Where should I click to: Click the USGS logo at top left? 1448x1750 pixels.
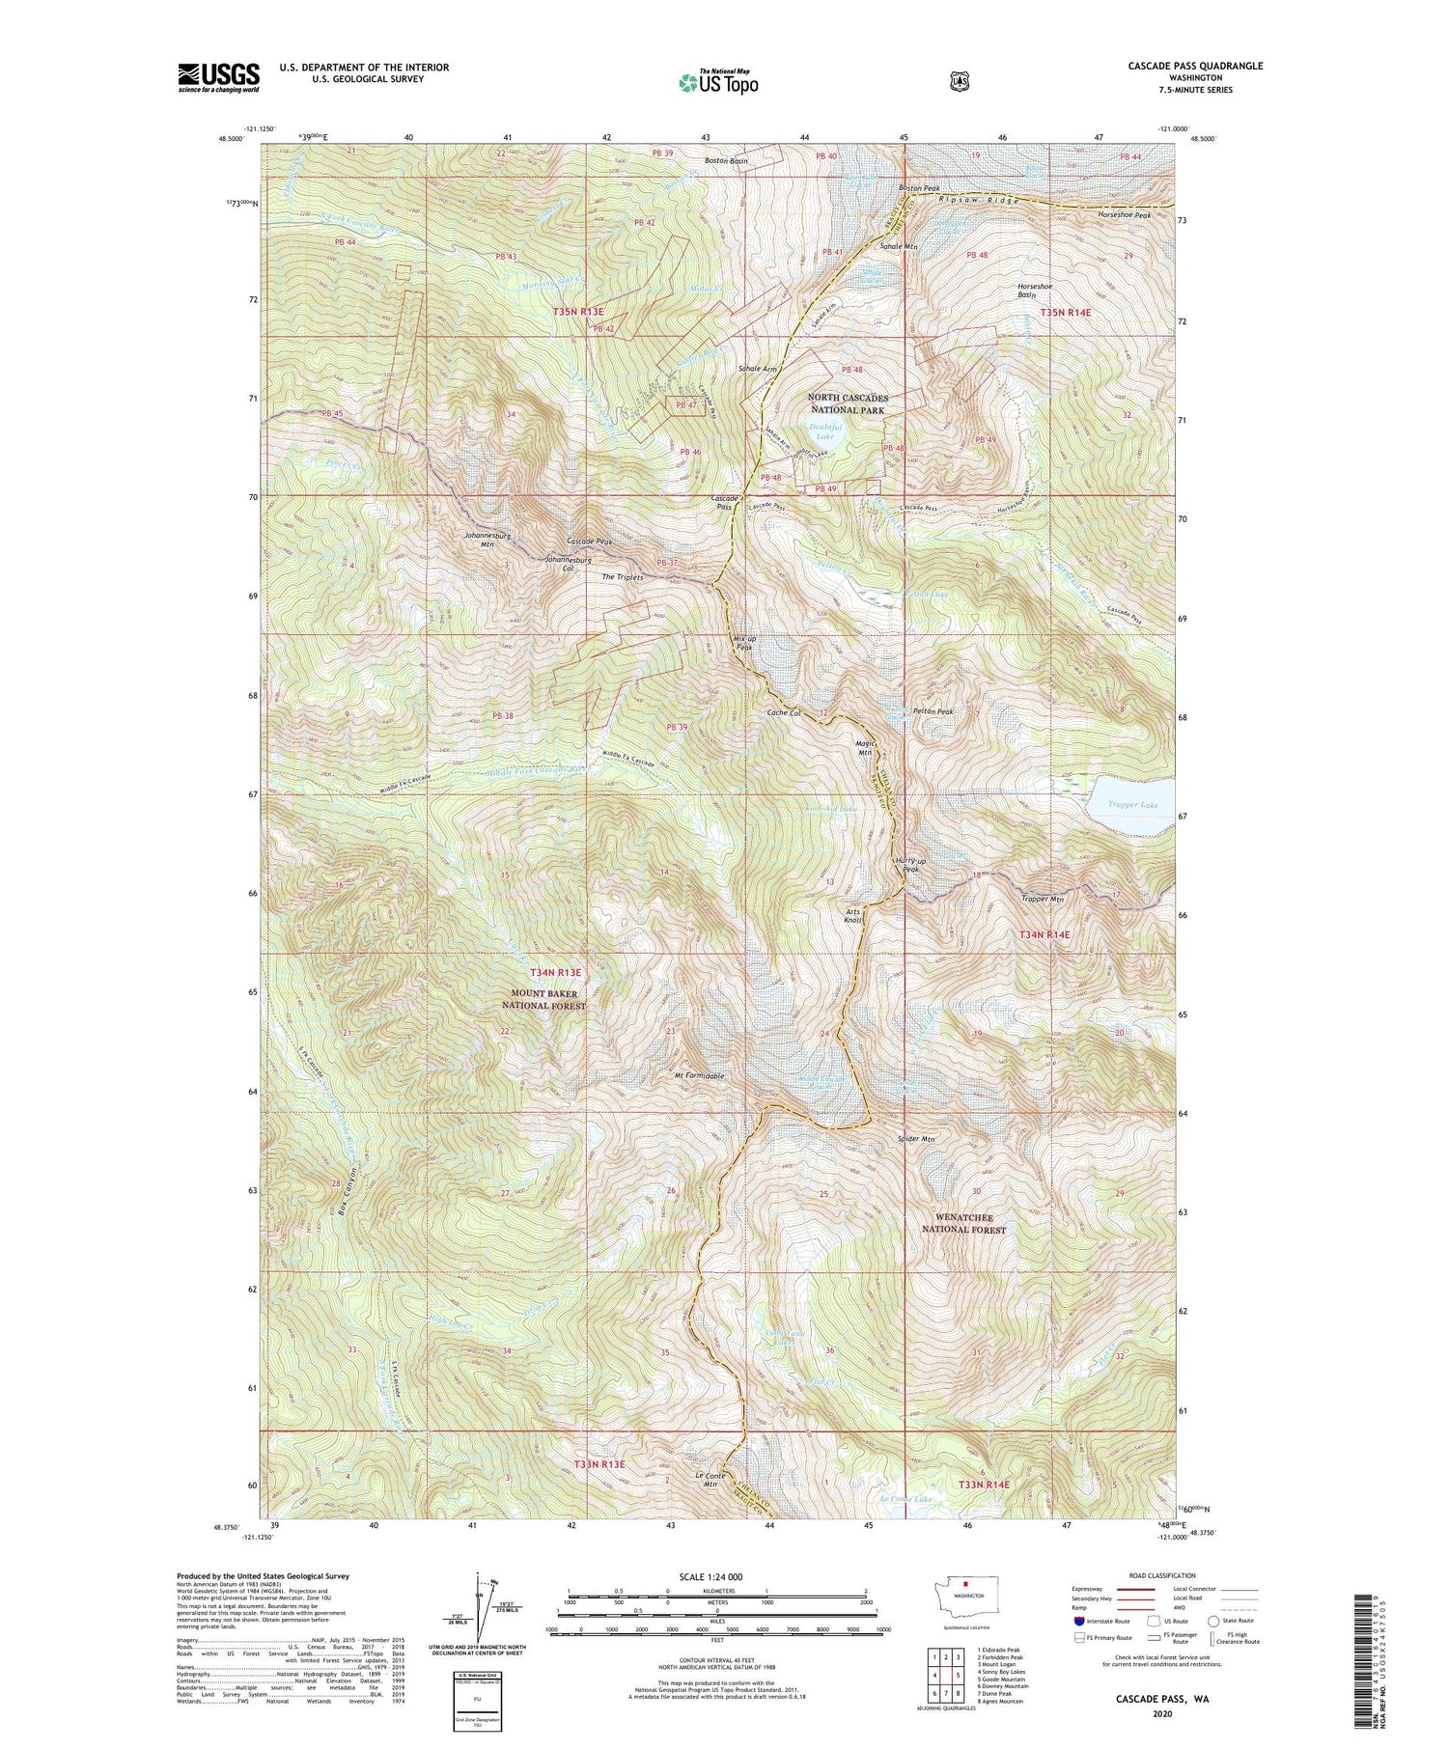218,77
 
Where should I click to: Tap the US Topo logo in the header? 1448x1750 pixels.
717,82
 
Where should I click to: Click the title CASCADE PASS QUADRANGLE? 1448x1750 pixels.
1194,67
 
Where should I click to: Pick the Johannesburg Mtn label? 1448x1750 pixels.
487,539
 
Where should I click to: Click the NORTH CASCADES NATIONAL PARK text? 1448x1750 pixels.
847,403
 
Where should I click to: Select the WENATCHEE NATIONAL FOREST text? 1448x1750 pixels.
963,1224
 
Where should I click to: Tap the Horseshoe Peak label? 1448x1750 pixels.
1125,214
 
